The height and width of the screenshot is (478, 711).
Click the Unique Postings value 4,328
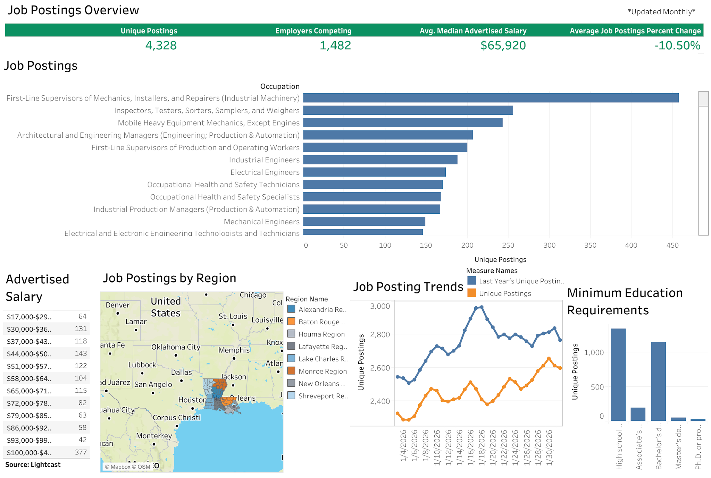coord(161,45)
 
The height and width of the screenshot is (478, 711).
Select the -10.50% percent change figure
coord(677,45)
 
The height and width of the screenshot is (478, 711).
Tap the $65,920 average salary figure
coord(503,45)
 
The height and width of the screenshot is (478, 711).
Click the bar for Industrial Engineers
coord(380,160)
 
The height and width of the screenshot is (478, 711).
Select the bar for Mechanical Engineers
coord(364,222)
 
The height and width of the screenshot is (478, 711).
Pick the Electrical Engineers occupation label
coord(265,172)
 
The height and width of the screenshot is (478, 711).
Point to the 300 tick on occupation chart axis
coord(549,246)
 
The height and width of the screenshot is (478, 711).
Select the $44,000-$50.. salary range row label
coord(29,354)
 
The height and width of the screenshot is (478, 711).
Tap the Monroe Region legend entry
coord(322,372)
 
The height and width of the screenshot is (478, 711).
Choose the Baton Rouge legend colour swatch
coord(291,322)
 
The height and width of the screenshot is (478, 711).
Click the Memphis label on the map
coord(234,350)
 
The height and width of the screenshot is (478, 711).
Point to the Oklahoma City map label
coord(175,347)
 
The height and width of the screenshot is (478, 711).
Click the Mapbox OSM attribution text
coord(127,467)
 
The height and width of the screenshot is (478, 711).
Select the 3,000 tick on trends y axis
coord(380,306)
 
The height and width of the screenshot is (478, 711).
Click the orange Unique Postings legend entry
coord(504,294)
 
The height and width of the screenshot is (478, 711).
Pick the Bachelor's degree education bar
coord(658,381)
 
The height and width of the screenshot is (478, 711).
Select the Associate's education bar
coord(638,414)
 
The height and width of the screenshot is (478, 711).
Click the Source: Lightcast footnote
coord(33,465)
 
